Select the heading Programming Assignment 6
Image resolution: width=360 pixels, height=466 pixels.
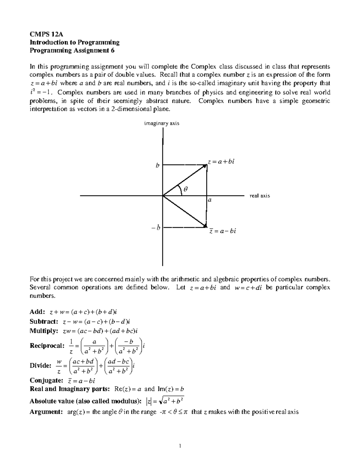[x=72, y=50]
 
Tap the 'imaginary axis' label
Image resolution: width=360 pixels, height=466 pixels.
[x=161, y=123]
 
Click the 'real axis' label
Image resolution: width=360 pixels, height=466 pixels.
[x=259, y=196]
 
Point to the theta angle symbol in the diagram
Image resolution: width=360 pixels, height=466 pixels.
[x=185, y=189]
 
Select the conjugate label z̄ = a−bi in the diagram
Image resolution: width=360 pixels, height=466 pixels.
[x=223, y=231]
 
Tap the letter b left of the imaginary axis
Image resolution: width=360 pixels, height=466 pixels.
[x=157, y=165]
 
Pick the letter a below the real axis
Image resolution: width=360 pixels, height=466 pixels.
[x=210, y=200]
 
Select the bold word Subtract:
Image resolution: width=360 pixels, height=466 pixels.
[x=44, y=322]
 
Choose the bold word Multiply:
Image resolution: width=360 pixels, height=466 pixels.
[x=43, y=331]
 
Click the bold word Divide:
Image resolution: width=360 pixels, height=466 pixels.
[x=40, y=365]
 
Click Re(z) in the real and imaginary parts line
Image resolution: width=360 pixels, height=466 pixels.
[x=122, y=389]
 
